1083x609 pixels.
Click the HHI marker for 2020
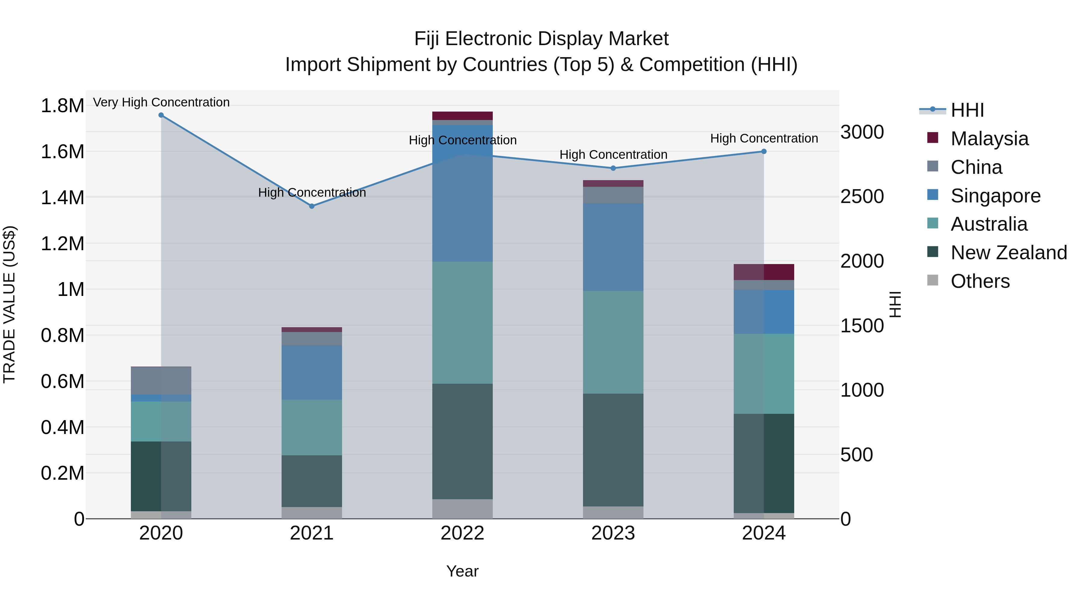(161, 115)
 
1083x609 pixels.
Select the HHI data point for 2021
(312, 206)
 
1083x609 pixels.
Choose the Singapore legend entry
(995, 196)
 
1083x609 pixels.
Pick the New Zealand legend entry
(1009, 253)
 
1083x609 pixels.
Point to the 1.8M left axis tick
(62, 106)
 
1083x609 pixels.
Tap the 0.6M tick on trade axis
(62, 381)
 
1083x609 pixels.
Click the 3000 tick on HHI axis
(862, 132)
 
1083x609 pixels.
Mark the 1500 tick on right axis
(862, 326)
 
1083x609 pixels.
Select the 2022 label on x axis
(462, 533)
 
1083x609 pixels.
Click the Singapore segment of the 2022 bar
(462, 193)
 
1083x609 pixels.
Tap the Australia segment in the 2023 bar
(613, 342)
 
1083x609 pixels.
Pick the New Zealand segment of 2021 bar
(312, 481)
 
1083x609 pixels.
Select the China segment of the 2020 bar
(161, 380)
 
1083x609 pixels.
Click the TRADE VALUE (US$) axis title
(9, 304)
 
